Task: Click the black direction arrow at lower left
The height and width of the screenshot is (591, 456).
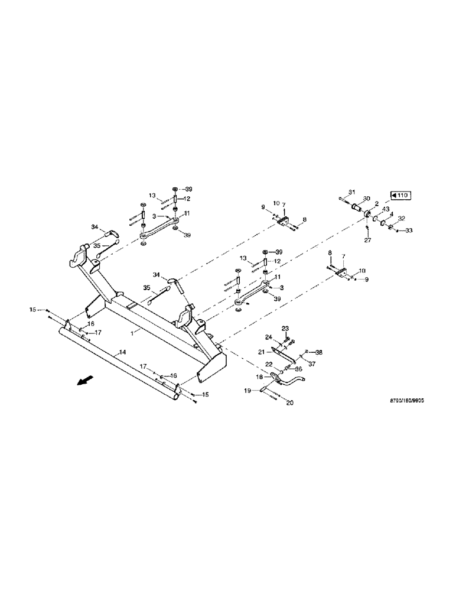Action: pos(84,381)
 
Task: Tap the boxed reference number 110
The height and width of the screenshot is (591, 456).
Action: pos(400,196)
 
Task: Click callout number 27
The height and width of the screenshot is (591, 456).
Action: pos(367,241)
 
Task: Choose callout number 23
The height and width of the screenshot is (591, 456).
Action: pos(284,328)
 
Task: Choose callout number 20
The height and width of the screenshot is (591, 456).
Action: pos(289,403)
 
